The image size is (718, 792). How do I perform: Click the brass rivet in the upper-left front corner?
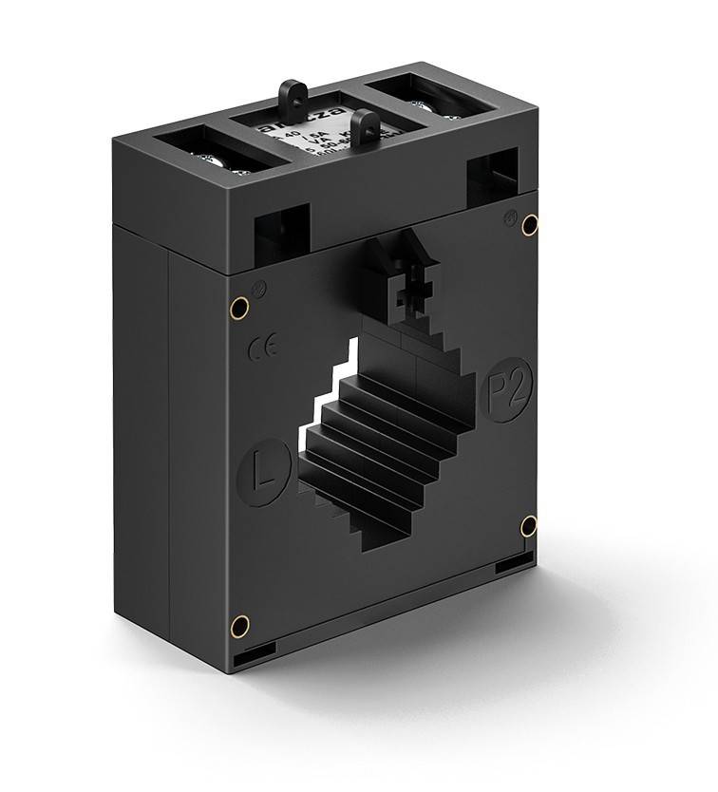point(240,307)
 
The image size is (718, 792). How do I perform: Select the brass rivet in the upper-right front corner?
point(530,224)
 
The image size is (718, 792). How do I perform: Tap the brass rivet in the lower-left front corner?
point(241,625)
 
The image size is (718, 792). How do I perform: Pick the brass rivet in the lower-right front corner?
point(529,526)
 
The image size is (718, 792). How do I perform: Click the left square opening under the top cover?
point(282,232)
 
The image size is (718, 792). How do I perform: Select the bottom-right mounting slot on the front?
point(515,563)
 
